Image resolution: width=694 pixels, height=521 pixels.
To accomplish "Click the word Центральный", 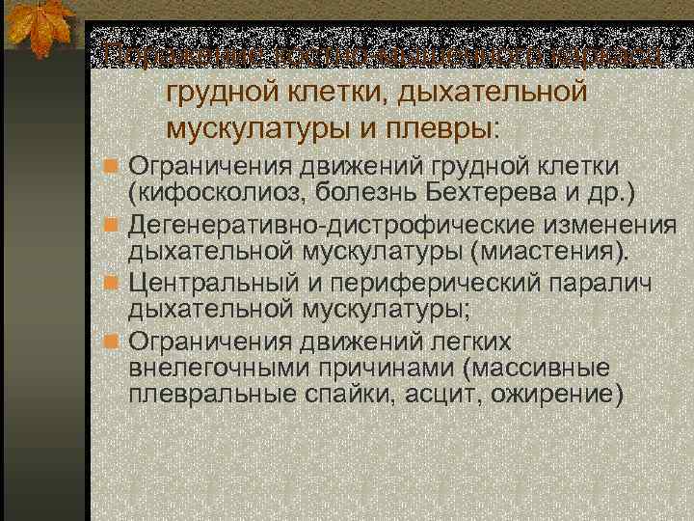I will (216, 286).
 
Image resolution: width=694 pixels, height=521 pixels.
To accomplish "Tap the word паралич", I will (603, 286).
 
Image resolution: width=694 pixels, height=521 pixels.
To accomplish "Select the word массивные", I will (546, 370).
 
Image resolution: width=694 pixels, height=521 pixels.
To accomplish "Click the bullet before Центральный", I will (113, 287).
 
